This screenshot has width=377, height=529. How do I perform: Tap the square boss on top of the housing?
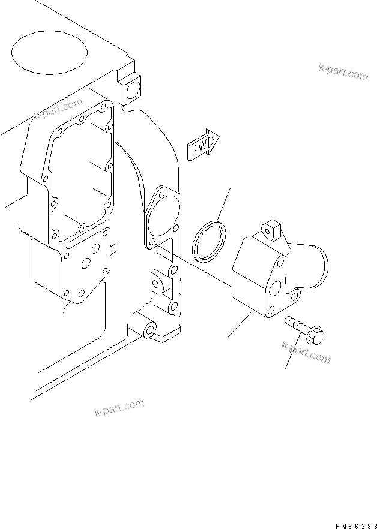tap(271, 229)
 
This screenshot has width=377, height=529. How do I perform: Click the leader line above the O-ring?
tap(223, 203)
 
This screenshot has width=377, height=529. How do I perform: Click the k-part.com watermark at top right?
tap(343, 71)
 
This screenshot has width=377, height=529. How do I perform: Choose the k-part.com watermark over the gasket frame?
tap(58, 110)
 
